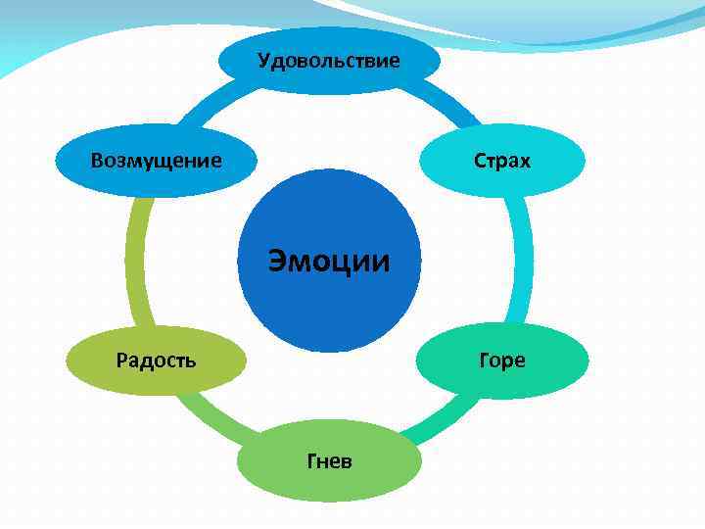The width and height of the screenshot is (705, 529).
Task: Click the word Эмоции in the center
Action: (x=329, y=262)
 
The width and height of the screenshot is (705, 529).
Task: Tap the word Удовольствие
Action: (x=329, y=61)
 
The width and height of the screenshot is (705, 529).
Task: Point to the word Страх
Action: (x=501, y=160)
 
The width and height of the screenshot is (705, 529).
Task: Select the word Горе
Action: (x=501, y=360)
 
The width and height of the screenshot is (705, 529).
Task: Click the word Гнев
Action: (x=329, y=460)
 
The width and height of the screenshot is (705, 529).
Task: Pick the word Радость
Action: (x=156, y=360)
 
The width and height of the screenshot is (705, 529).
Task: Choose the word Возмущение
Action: (x=156, y=160)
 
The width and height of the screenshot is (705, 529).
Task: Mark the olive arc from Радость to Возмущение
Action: (x=134, y=260)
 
